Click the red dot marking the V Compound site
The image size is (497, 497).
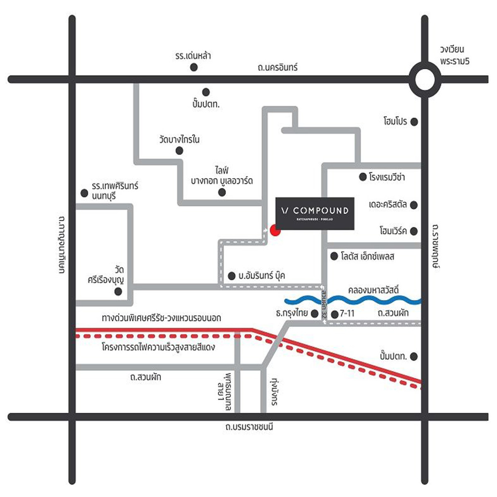275,230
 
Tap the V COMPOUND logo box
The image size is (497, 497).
315,213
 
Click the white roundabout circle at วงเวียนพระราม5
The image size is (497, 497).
425,80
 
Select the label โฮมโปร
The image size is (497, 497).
395,122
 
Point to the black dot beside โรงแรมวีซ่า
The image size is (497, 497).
362,177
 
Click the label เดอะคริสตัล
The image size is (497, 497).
388,205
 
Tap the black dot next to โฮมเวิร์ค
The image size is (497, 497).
413,231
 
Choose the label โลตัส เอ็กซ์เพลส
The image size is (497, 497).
367,257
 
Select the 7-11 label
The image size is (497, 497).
347,314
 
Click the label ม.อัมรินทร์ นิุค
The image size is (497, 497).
262,276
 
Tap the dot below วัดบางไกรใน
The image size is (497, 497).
179,151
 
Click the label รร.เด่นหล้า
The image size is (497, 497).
193,56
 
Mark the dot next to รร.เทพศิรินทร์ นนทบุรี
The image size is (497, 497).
84,193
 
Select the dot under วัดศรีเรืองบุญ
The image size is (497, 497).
118,292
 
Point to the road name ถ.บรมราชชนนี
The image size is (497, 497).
249,427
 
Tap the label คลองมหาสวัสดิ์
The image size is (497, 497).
374,290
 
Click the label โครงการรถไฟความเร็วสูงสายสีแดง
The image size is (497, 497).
158,347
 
